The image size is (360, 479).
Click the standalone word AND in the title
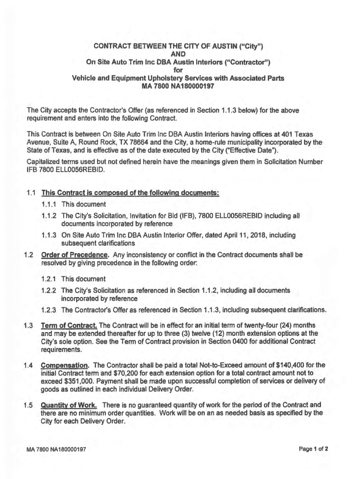(180, 54)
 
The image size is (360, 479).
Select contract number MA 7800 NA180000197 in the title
(180, 86)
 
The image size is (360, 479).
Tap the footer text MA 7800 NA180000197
(56, 449)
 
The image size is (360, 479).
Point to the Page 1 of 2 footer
(314, 449)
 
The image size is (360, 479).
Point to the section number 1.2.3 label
(50, 310)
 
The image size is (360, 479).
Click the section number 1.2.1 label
(50, 279)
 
